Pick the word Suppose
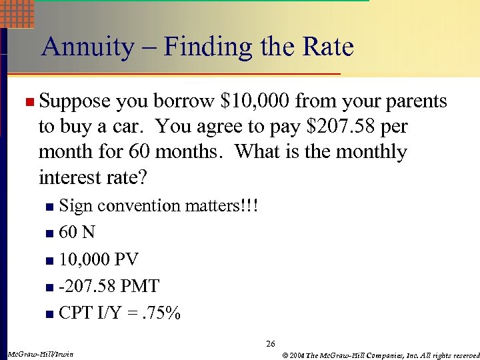pos(74,101)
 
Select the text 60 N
pos(77,233)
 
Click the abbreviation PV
pos(127,259)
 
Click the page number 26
pos(270,344)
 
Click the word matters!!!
pos(221,206)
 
